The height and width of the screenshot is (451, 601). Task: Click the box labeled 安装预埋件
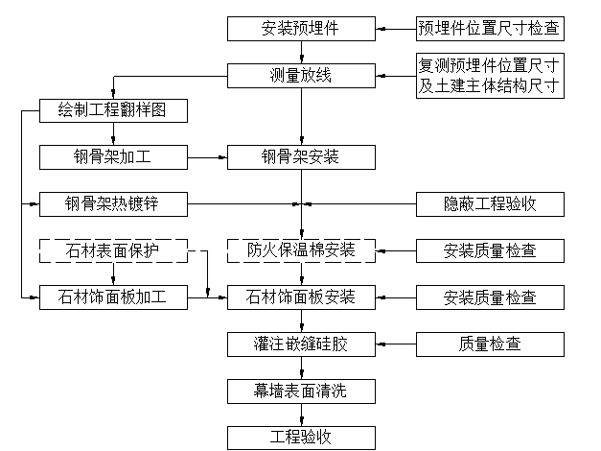pos(301,29)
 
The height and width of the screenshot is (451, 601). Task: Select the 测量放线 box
pos(301,76)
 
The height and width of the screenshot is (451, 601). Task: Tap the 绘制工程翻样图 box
pos(113,110)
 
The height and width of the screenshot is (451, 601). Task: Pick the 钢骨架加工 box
pos(113,157)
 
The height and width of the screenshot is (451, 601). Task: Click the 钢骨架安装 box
pos(301,157)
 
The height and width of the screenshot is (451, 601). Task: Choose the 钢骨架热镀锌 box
pos(113,204)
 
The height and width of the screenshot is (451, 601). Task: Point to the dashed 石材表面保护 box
pos(113,250)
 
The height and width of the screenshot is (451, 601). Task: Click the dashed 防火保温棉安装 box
pos(301,250)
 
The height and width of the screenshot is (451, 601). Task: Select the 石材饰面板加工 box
pos(113,297)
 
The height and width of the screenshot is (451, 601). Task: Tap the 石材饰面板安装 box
pos(301,297)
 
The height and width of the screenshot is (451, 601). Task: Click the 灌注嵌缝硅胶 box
pos(301,344)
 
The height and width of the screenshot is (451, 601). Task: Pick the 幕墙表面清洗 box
pos(301,392)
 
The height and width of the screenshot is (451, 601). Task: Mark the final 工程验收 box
pos(301,438)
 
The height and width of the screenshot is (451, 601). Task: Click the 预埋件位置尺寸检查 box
pos(490,29)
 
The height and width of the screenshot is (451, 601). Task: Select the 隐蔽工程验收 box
pos(490,204)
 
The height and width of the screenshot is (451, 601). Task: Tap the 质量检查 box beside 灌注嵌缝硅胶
pos(490,344)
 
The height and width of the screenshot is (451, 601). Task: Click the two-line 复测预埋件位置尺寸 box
pos(490,76)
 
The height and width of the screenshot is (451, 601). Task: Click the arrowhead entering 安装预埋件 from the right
pos(381,29)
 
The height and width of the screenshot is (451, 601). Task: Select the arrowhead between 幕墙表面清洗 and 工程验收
pos(302,421)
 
